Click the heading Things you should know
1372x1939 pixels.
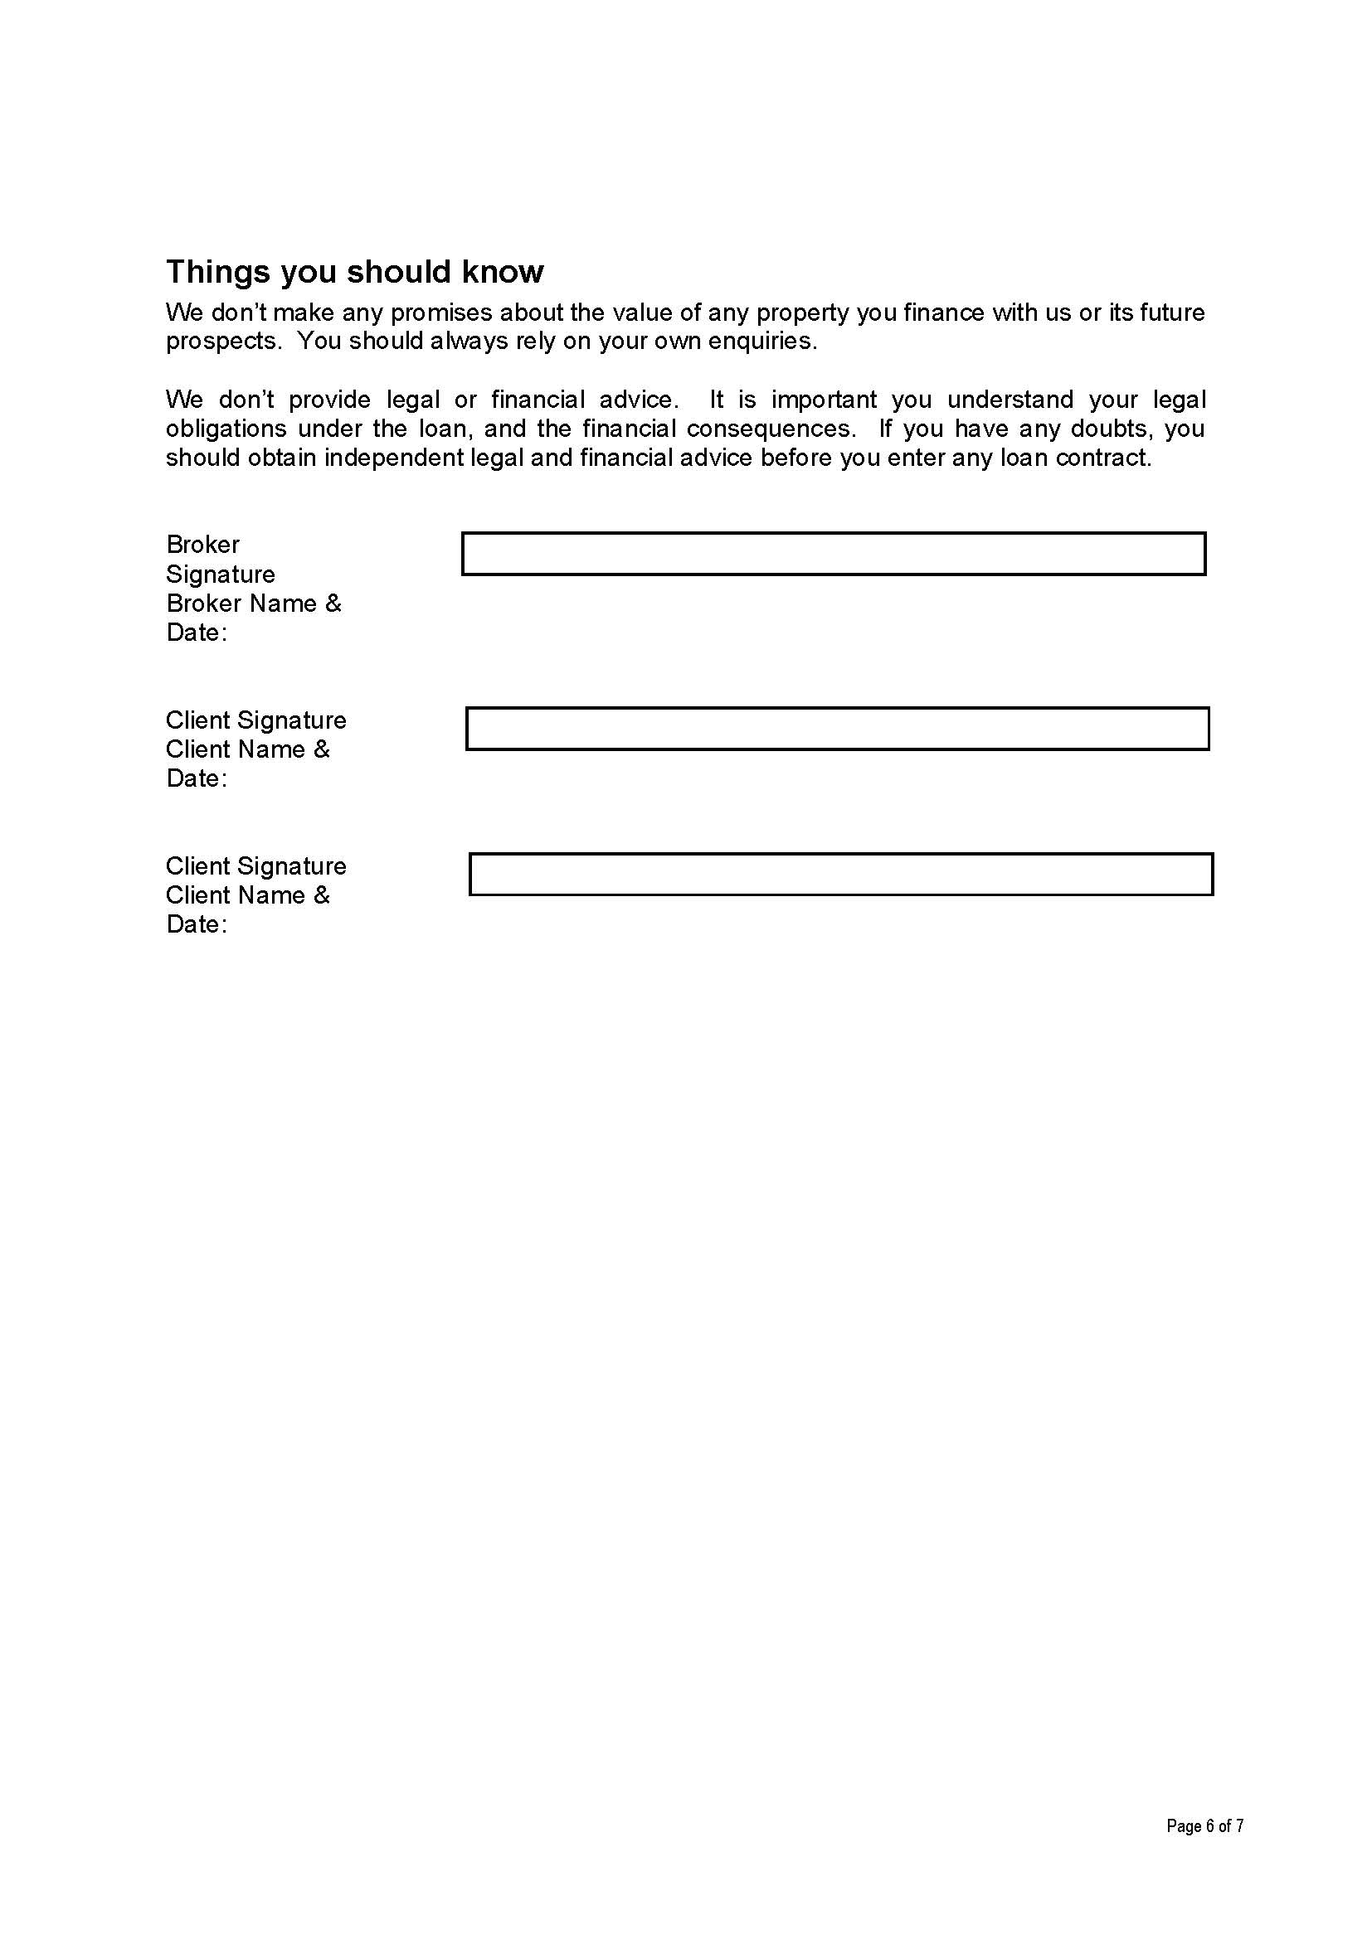(354, 272)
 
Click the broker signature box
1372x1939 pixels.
(833, 554)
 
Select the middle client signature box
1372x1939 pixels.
(836, 729)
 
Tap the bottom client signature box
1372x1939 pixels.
(840, 874)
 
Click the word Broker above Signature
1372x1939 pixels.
(202, 545)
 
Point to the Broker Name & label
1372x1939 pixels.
(254, 604)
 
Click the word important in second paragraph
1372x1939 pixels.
(824, 400)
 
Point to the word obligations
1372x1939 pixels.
(226, 429)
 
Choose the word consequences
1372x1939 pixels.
(770, 429)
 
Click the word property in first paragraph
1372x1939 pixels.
(802, 313)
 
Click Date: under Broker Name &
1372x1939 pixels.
(197, 633)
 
